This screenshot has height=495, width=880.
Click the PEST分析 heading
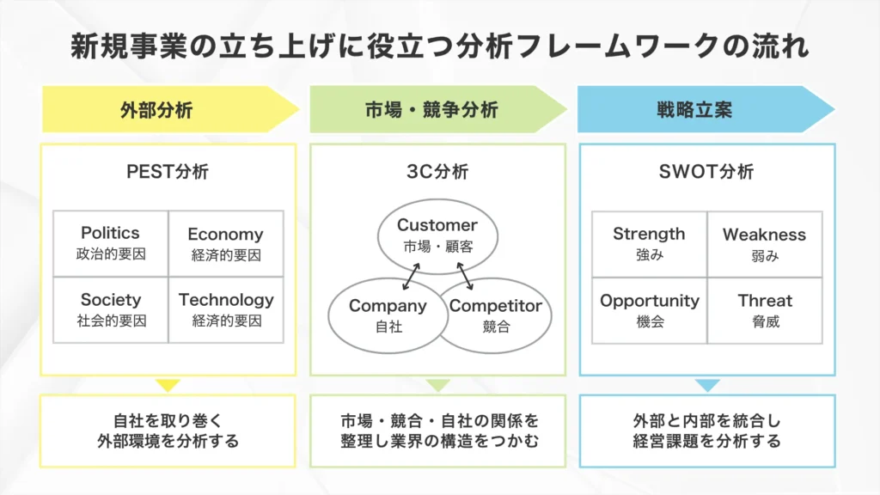pos(168,172)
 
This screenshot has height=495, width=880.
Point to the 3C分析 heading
pos(437,172)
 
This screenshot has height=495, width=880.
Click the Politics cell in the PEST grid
pos(110,243)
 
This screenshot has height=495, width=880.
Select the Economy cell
pos(225,243)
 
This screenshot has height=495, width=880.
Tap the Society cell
pos(110,309)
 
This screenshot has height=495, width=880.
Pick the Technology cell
pos(225,309)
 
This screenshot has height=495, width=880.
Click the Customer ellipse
pos(437,234)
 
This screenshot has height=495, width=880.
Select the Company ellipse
pos(387,314)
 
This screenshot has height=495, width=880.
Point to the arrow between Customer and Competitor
pos(466,275)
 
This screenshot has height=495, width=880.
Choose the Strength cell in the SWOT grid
pos(649,243)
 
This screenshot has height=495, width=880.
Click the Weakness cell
pos(764,243)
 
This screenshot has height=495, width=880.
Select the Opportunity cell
pos(649,309)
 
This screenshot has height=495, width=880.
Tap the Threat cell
pos(764,309)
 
